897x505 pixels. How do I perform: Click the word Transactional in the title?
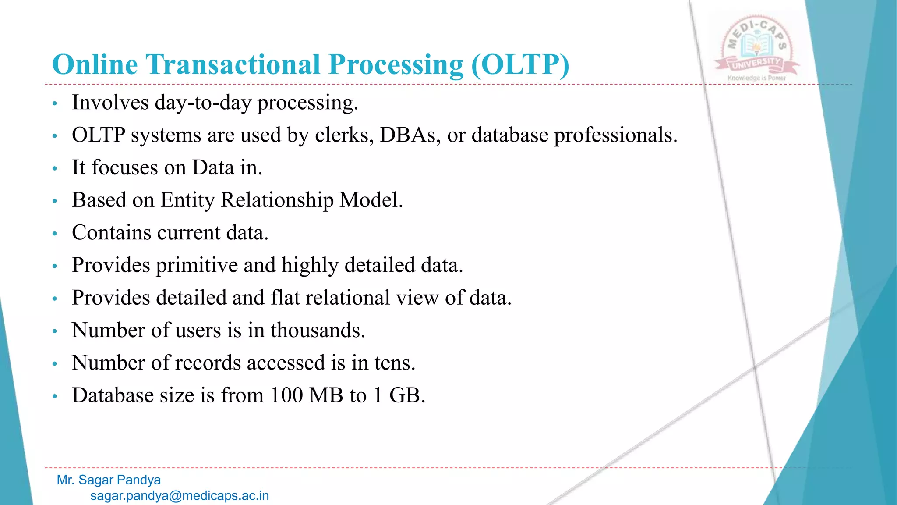[233, 65]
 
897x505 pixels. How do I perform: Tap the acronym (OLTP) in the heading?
[520, 65]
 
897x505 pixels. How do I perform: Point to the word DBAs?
[410, 135]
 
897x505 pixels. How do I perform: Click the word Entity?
[187, 201]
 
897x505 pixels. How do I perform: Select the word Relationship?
[277, 201]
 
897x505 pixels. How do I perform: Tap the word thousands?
[318, 331]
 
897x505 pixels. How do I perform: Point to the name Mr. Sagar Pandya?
[109, 480]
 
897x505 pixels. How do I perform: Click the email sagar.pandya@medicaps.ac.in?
[180, 496]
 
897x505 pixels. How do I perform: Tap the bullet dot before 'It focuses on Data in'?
[55, 169]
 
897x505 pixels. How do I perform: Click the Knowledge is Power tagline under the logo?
[756, 78]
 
